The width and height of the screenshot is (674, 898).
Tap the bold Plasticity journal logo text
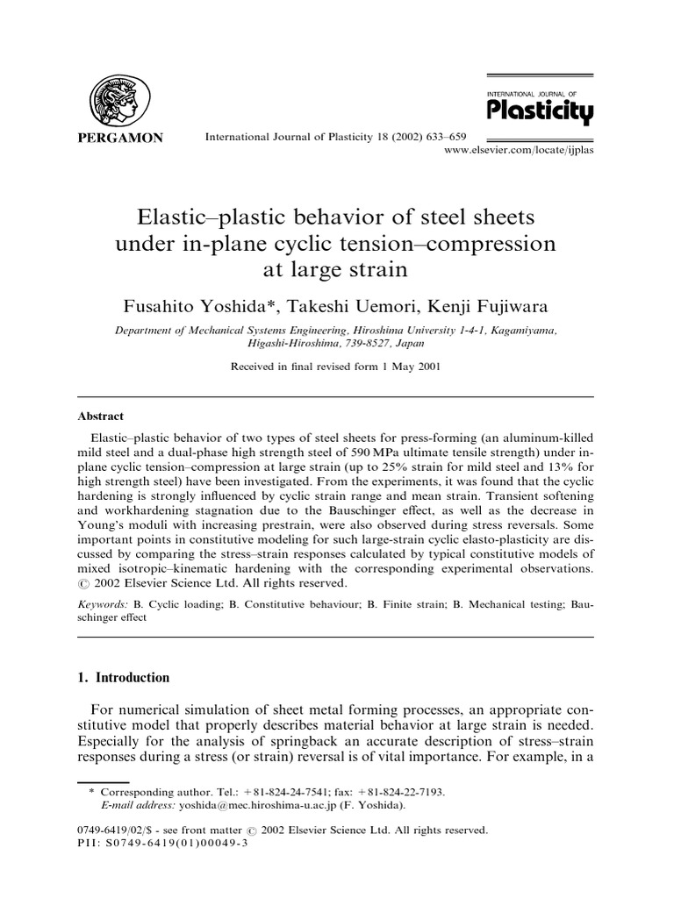[539, 112]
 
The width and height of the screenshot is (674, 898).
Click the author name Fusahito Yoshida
[197, 304]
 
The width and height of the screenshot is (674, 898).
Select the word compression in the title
[481, 243]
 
